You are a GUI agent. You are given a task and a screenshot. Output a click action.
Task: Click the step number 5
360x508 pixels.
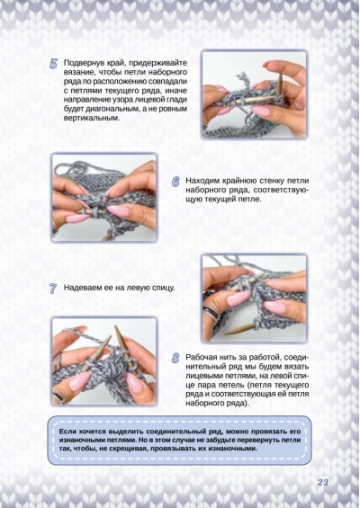tap(54, 64)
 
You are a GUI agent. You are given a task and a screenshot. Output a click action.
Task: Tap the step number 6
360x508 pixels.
tap(175, 182)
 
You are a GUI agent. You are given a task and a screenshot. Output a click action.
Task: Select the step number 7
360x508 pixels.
tap(53, 289)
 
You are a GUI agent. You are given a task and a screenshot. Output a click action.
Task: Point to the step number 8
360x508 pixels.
tap(175, 359)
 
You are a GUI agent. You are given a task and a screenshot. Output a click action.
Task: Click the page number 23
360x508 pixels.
tap(323, 482)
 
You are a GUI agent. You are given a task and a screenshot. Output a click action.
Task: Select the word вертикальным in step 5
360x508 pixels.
tap(92, 119)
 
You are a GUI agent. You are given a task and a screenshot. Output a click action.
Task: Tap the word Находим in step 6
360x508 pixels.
tap(203, 181)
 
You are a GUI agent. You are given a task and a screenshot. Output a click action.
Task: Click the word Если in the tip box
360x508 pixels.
tap(67, 432)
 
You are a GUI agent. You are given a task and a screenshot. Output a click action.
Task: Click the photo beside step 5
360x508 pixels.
tap(255, 94)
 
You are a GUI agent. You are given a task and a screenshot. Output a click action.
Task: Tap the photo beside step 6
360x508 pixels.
tap(104, 198)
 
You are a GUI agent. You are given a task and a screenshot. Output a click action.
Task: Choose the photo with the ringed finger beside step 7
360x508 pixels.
tap(255, 299)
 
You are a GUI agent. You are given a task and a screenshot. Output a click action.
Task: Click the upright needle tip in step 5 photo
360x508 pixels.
tap(281, 74)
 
